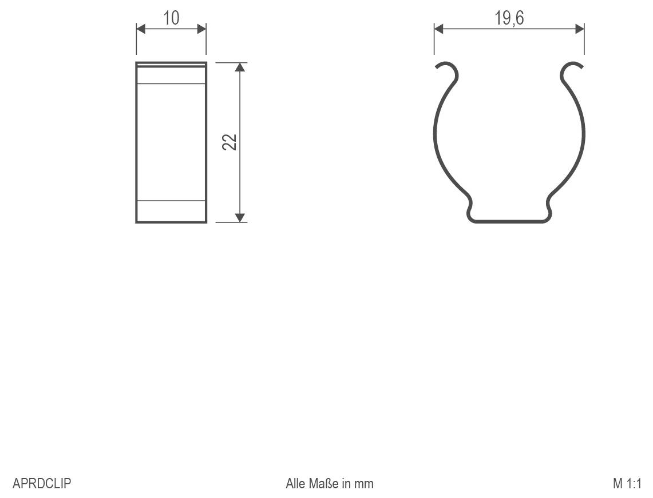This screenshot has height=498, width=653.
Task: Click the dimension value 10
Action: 171,18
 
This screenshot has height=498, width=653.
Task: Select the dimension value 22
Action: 229,142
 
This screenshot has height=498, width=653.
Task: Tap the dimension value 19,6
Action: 509,18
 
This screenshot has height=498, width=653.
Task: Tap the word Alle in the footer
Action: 296,484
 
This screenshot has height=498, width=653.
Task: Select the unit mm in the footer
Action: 363,484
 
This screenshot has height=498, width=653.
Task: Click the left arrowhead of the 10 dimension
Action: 140,29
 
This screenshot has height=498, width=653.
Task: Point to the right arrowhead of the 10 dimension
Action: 201,29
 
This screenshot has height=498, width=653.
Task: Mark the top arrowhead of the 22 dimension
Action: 240,67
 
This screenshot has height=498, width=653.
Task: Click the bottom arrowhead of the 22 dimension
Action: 240,217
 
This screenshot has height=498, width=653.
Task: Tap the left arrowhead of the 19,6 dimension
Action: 438,28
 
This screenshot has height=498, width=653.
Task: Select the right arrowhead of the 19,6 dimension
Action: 580,28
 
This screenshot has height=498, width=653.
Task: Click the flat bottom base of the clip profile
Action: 509,220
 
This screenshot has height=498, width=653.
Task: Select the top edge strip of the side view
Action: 171,65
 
